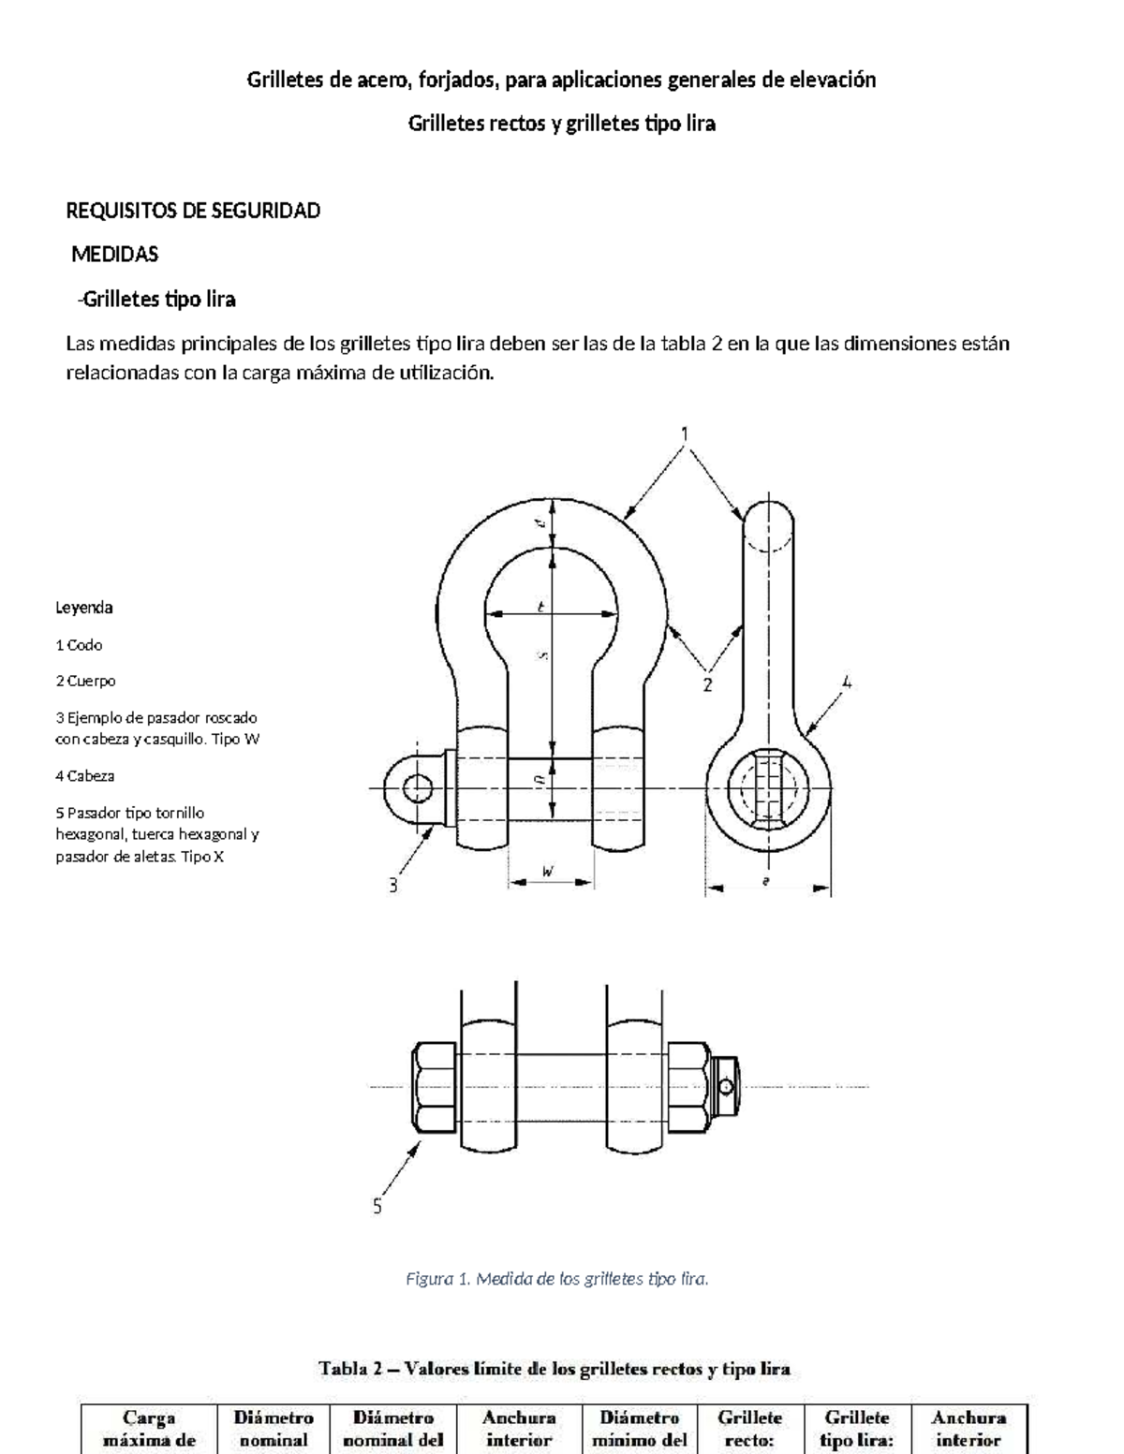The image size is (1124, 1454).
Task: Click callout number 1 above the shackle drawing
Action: [685, 433]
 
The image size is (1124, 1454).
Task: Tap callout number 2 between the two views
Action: [708, 684]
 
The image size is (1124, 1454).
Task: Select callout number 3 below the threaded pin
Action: [394, 884]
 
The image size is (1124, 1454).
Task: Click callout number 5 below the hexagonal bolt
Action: [377, 1206]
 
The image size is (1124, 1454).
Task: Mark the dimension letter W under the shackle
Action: [550, 872]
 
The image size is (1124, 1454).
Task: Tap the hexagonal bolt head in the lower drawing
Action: [435, 1087]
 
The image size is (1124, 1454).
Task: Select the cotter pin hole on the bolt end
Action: [726, 1086]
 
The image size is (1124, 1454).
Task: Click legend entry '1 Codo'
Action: [79, 645]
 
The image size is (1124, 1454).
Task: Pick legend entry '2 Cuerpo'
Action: [85, 681]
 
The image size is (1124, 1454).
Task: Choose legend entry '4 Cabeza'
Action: [85, 775]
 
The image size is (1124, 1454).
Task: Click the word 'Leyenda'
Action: [84, 608]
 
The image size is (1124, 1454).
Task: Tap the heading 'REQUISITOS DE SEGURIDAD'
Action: [193, 211]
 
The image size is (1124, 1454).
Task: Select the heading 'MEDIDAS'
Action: [115, 254]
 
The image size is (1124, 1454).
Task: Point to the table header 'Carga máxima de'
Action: [150, 1429]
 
